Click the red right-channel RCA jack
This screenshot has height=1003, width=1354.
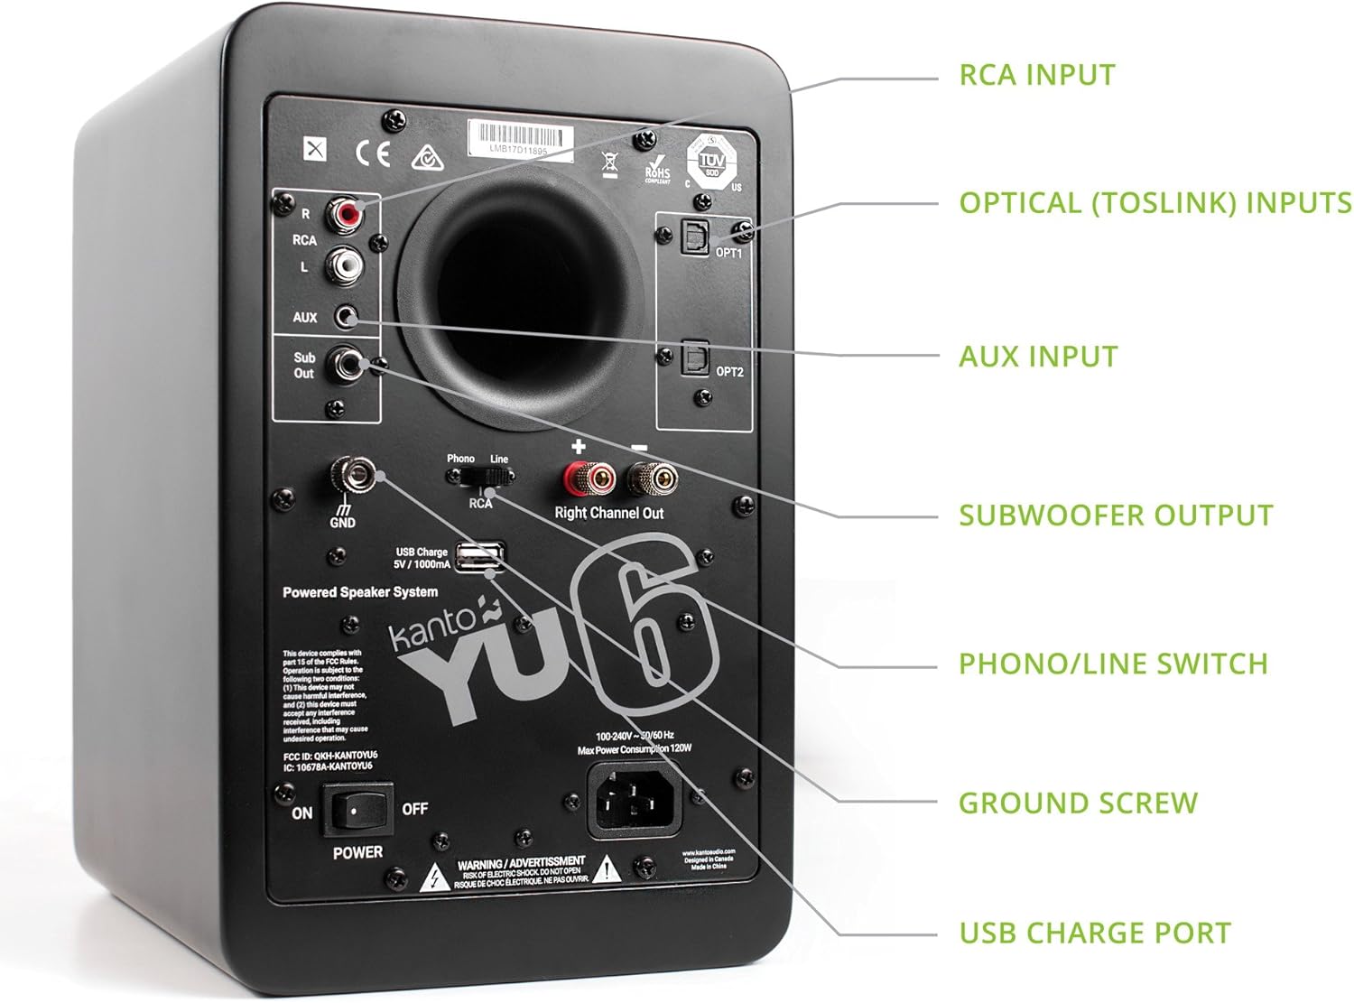[x=346, y=214]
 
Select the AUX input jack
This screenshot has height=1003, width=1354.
[x=348, y=317]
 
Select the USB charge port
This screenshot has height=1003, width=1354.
[x=477, y=557]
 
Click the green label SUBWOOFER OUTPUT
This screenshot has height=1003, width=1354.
[x=1116, y=515]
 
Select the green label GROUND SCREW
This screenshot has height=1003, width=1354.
[x=1078, y=803]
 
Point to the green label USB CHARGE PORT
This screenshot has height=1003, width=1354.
[x=1094, y=933]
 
